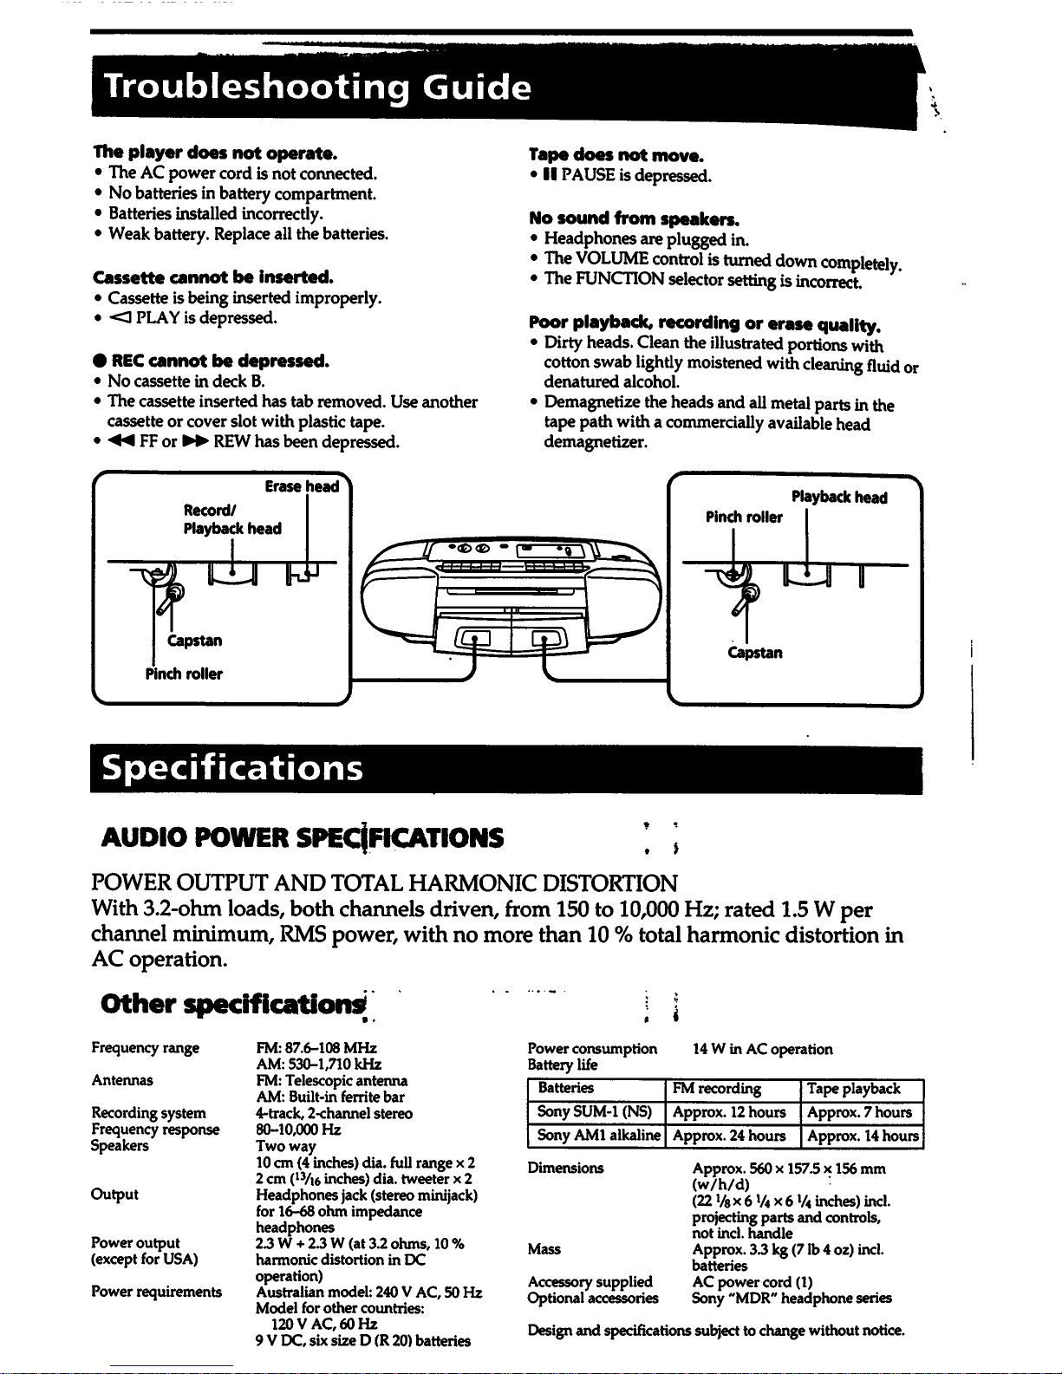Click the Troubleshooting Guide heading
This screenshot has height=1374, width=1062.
click(x=316, y=88)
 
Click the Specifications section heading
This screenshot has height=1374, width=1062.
click(x=232, y=768)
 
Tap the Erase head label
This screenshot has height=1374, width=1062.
click(x=302, y=486)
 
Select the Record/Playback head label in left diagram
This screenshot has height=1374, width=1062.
click(x=231, y=518)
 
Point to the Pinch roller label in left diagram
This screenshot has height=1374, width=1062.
click(x=184, y=674)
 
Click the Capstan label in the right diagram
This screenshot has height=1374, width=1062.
click(x=755, y=652)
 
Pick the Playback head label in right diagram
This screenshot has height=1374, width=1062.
click(x=838, y=498)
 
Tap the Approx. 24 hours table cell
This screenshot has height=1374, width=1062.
click(x=729, y=1136)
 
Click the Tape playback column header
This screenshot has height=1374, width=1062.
click(x=853, y=1089)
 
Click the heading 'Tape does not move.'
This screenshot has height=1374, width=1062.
click(x=616, y=156)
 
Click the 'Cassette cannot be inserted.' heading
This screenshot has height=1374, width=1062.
click(x=212, y=277)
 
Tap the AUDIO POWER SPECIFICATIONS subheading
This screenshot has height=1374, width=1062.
click(x=302, y=837)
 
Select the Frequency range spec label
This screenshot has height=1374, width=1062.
click(x=145, y=1048)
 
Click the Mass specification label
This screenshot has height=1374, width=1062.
click(x=544, y=1249)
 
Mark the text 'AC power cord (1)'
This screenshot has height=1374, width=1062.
click(x=753, y=1282)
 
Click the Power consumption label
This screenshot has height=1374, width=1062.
click(x=592, y=1049)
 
